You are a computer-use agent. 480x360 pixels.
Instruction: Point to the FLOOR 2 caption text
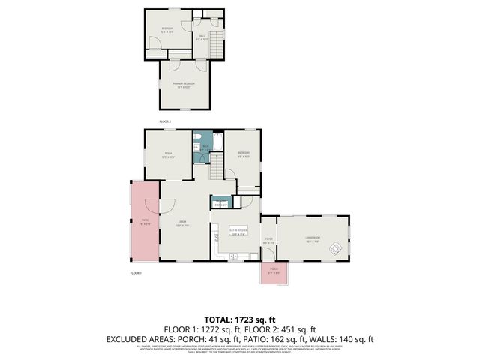pos(165,121)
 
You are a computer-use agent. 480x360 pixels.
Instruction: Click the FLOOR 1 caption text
pos(136,273)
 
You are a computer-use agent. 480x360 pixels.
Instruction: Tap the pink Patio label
pos(144,222)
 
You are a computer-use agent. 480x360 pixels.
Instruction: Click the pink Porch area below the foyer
pos(274,272)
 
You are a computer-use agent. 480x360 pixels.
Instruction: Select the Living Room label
pos(313,239)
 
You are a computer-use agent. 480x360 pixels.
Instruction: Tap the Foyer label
pos(268,240)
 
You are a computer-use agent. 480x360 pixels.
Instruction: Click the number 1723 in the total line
pos(244,319)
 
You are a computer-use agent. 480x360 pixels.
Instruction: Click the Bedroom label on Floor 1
pos(244,154)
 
